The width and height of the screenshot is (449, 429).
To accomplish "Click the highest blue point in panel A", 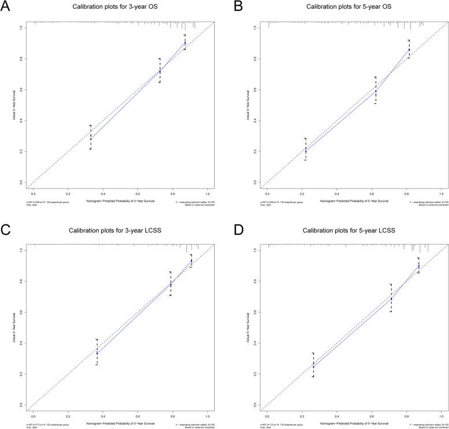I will (185, 43).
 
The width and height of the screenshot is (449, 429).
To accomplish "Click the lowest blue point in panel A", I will (91, 138).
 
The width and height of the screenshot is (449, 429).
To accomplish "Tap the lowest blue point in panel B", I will (305, 150).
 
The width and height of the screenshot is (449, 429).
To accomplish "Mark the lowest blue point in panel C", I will (97, 352).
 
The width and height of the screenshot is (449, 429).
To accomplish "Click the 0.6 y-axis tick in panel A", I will (21, 89).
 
